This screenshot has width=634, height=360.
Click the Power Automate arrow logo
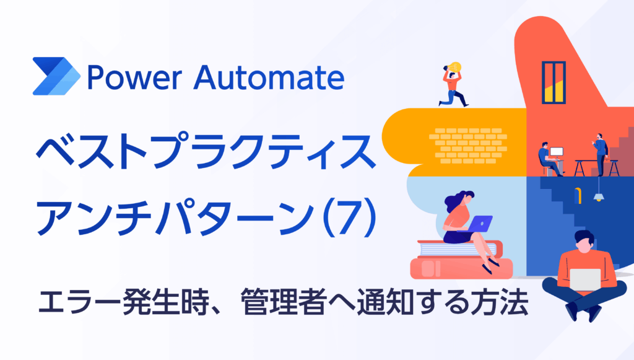(x=56, y=76)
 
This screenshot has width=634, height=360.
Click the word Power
(x=134, y=77)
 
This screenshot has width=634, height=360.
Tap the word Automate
(x=269, y=77)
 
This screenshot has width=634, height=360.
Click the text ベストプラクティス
(x=206, y=151)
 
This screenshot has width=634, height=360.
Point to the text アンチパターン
(x=175, y=219)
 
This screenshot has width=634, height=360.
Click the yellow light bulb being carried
(x=455, y=67)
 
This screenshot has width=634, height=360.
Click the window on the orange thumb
(x=554, y=82)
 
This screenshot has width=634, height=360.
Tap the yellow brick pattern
(x=468, y=146)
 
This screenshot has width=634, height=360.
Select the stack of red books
(x=461, y=260)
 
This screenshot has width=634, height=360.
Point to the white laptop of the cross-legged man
(x=585, y=279)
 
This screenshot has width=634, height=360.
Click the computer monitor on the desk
(x=557, y=153)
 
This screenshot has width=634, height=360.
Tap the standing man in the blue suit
(x=601, y=154)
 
